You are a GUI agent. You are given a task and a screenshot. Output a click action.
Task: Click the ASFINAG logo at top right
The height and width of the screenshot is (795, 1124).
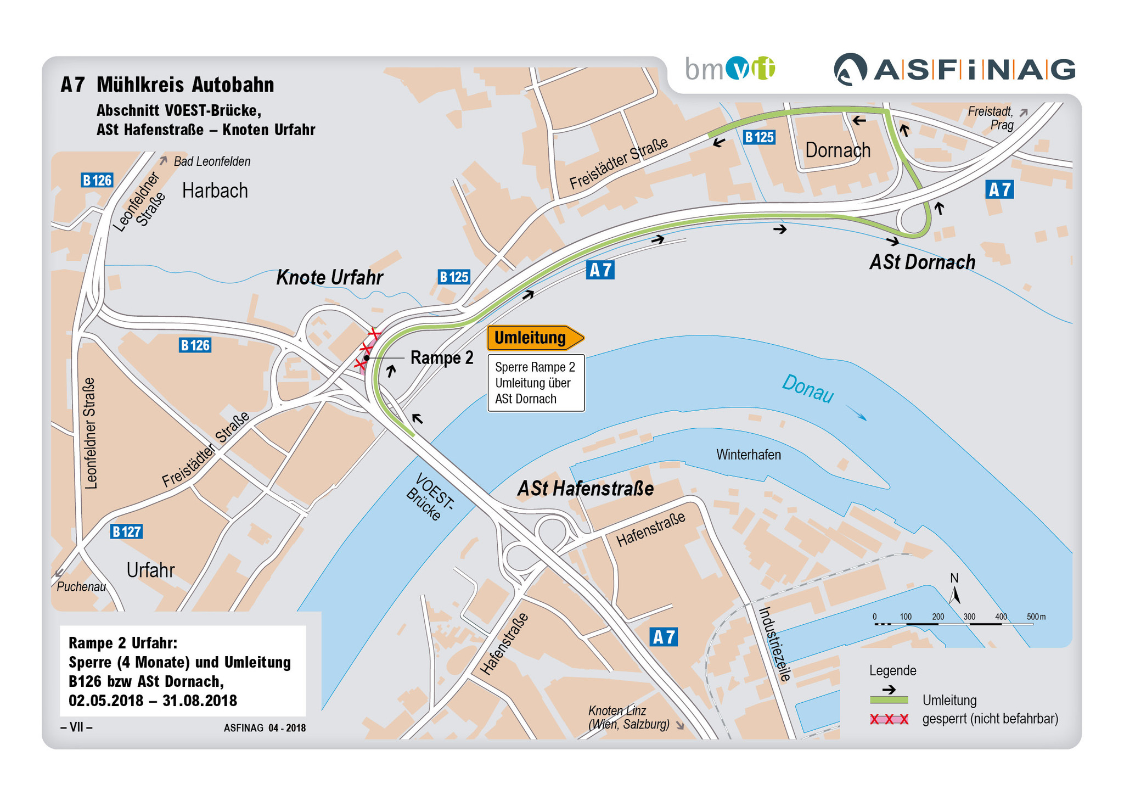[x=954, y=70]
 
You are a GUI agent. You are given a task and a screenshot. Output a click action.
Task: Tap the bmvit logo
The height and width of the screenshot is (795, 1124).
[x=729, y=69]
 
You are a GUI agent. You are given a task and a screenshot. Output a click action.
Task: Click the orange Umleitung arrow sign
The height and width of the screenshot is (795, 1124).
[x=535, y=338]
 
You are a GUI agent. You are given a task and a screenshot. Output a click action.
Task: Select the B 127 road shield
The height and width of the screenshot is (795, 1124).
[x=126, y=531]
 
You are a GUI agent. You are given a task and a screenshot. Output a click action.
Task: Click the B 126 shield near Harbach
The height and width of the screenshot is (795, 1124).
[x=97, y=180]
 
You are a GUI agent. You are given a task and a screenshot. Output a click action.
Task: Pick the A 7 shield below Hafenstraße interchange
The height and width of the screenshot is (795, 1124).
[x=664, y=637]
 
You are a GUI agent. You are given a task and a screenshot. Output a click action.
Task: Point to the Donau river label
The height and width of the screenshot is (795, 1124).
[x=807, y=388]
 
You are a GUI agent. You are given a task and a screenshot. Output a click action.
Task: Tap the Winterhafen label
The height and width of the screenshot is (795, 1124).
[x=748, y=455]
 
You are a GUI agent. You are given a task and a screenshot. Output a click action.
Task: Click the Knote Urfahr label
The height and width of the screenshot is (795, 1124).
[x=329, y=277]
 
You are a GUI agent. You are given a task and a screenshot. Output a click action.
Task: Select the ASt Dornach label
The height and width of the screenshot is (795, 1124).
[x=922, y=262]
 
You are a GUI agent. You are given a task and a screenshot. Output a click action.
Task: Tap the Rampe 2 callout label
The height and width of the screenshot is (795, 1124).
[x=441, y=358]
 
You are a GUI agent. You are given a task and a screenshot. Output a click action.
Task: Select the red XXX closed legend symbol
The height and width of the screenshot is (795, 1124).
[x=889, y=719]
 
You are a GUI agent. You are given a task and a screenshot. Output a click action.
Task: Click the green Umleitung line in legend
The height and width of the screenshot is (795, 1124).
[x=889, y=700]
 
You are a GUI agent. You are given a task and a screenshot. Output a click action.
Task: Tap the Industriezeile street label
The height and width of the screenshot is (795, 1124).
[x=775, y=643]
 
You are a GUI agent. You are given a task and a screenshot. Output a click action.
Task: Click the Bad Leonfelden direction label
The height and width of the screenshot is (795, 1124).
[x=212, y=161]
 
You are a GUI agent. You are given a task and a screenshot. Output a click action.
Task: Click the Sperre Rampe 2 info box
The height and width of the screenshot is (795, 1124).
[x=536, y=383]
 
